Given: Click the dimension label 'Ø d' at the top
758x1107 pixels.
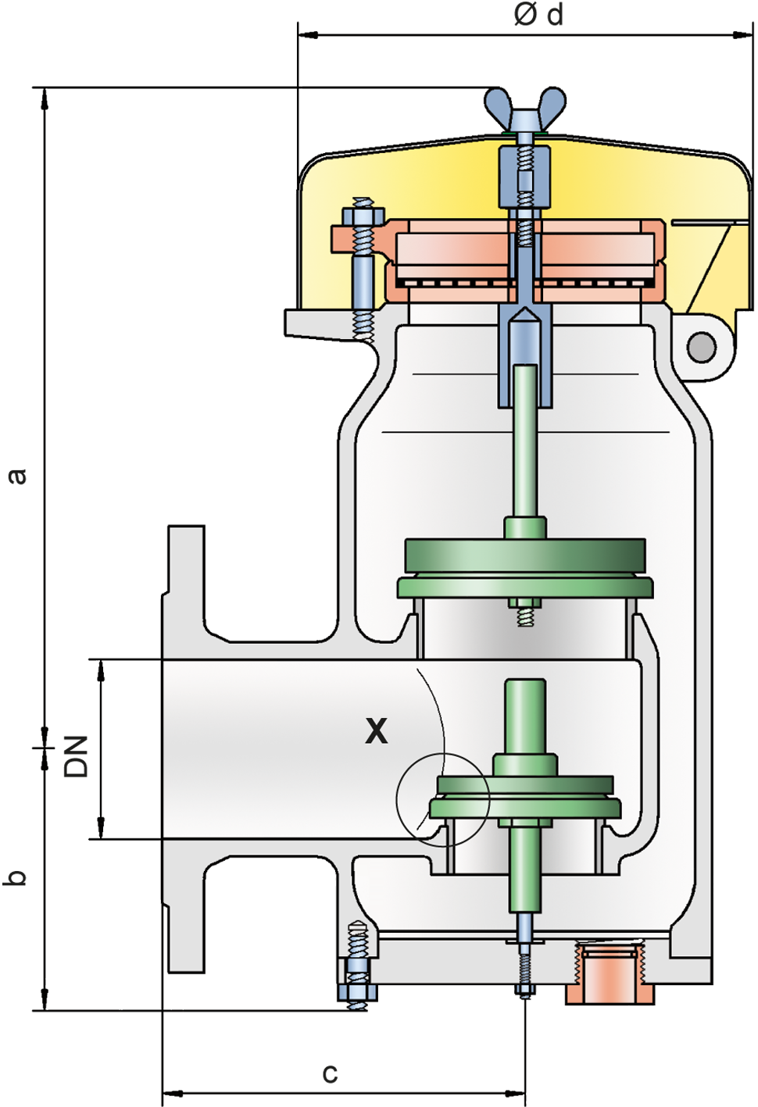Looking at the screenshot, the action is [538, 15].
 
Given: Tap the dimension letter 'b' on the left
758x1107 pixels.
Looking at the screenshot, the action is [16, 877].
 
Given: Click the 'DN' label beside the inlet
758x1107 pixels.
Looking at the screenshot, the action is [76, 756].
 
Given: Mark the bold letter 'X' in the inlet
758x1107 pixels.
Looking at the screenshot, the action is [377, 731].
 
